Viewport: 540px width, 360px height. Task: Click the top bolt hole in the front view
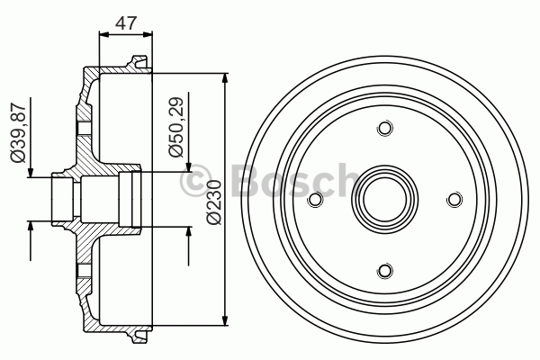coord(384,130)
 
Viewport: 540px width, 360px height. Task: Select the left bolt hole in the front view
coord(315,200)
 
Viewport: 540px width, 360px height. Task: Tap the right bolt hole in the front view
coord(454,200)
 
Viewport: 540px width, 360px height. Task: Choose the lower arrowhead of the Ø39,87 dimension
coord(31,226)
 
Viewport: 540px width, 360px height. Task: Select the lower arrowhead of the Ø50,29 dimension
coord(189,233)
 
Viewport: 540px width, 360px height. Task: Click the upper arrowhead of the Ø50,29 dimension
coord(189,166)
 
